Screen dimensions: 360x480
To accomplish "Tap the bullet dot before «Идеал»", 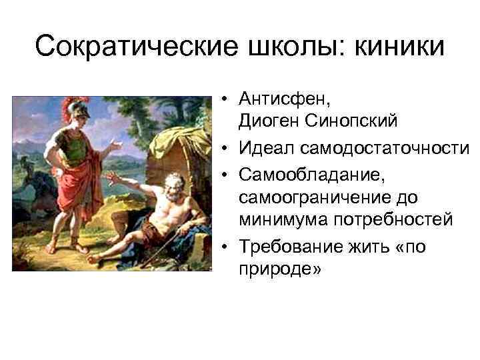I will (227, 145).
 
